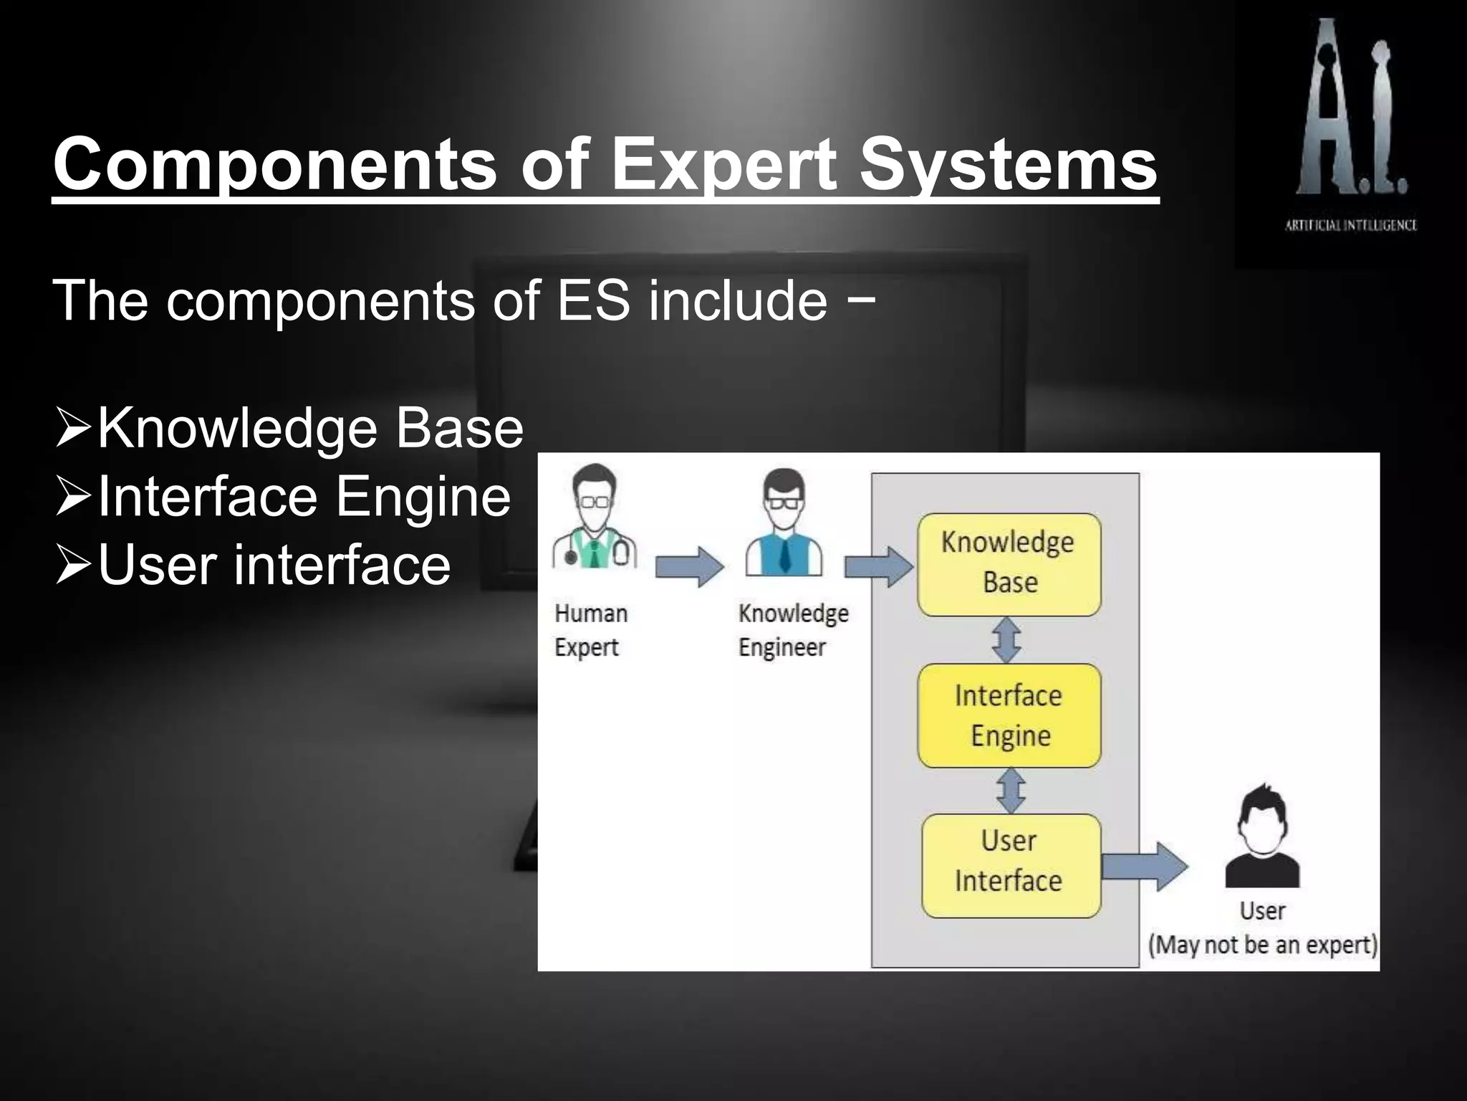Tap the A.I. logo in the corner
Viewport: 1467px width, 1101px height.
1351,108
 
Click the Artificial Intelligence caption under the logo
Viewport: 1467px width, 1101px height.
1351,225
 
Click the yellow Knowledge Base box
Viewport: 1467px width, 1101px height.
1009,564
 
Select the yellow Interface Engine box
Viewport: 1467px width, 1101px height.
1009,715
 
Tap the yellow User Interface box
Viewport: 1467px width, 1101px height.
1010,865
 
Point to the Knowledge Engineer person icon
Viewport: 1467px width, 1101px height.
784,523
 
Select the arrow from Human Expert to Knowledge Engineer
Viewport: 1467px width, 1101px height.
689,566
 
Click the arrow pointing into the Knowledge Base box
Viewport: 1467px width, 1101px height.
878,566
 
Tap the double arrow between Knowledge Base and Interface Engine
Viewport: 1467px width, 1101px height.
1007,640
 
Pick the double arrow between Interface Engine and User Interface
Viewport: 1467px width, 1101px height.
1009,791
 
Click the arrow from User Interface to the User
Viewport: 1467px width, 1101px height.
1143,866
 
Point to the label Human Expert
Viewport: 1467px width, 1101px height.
590,630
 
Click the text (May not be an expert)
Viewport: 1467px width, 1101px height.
1262,945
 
